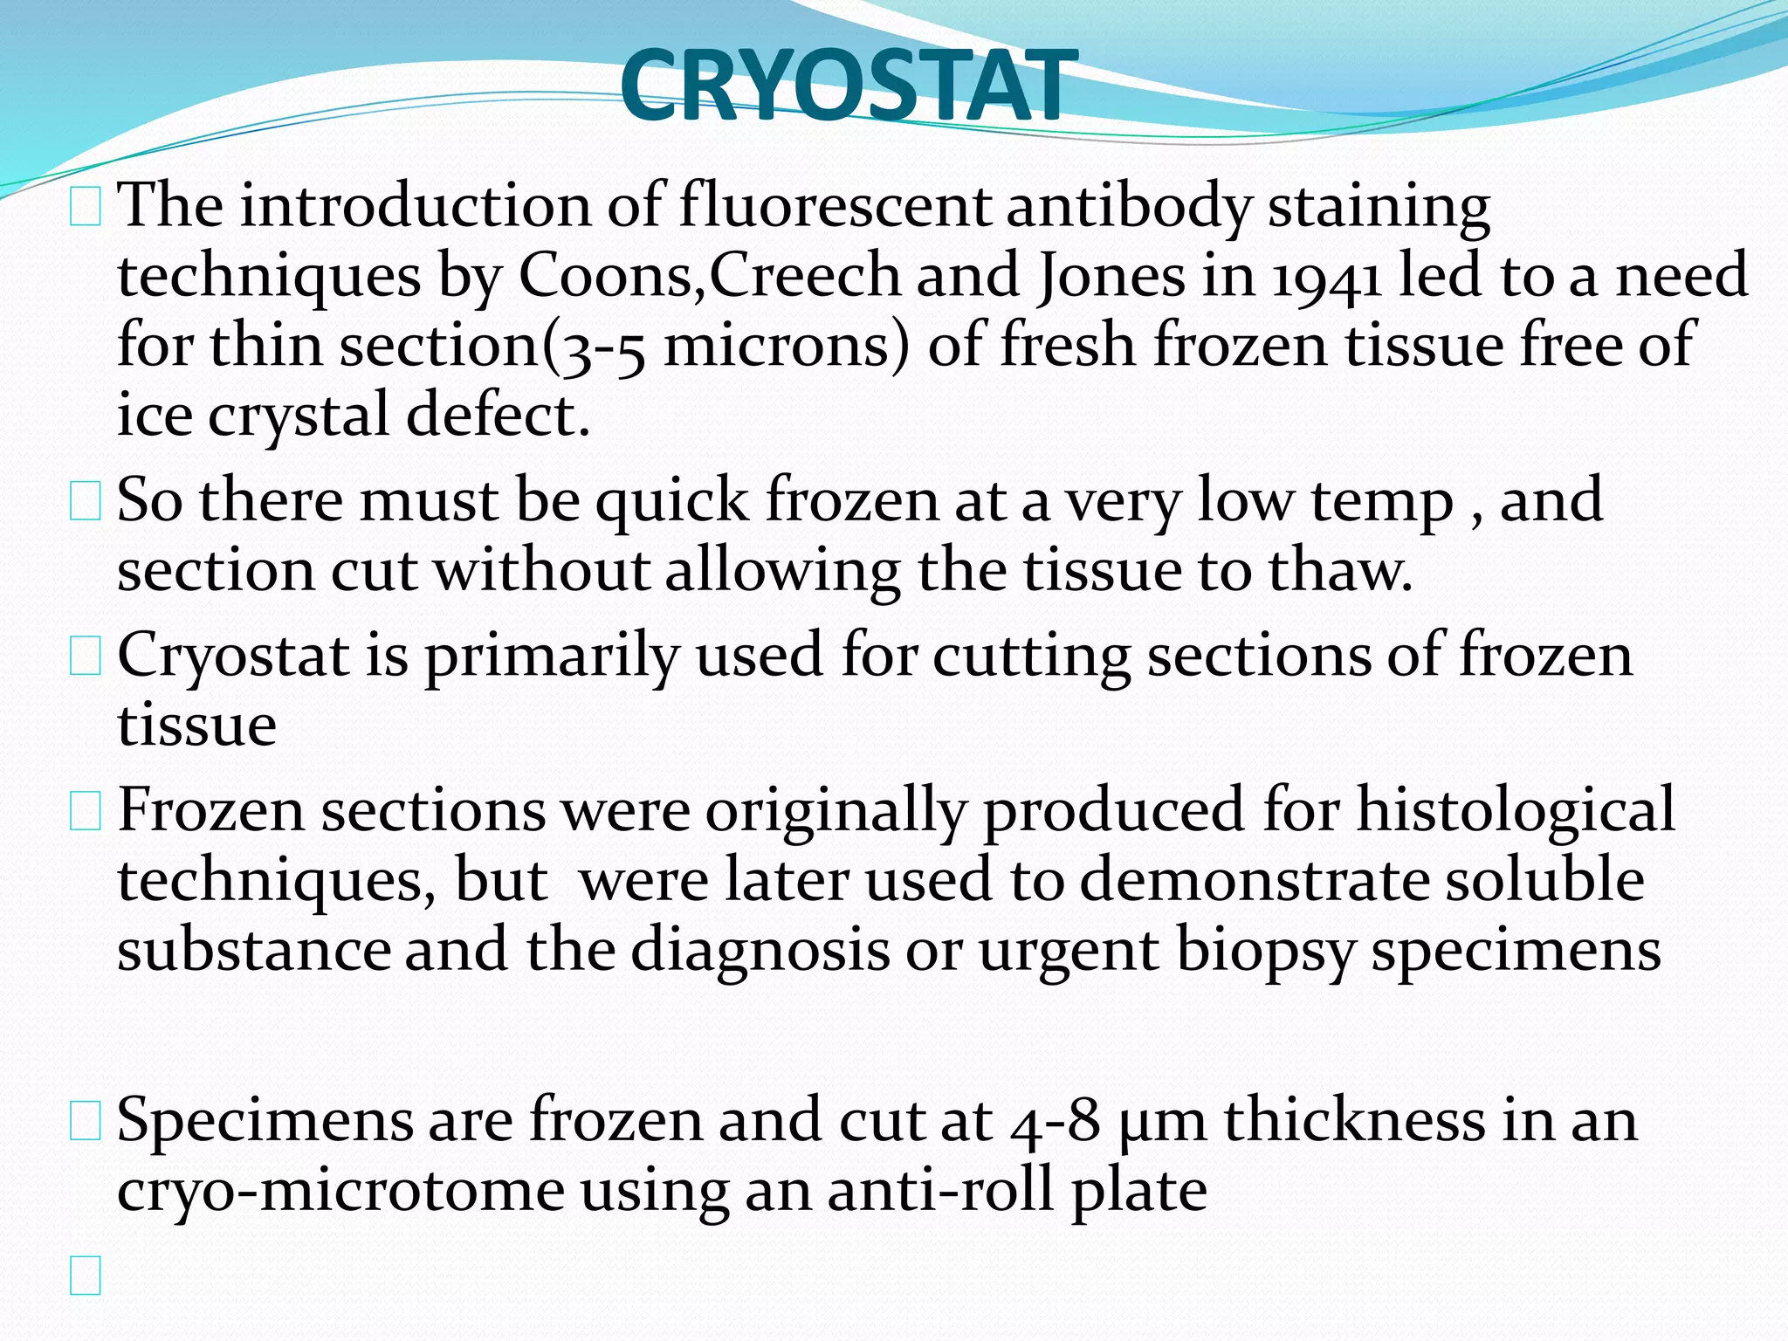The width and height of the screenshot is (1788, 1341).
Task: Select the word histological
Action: [1515, 810]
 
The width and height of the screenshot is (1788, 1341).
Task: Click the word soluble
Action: [1544, 880]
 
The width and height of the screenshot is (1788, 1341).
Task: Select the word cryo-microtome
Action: [340, 1191]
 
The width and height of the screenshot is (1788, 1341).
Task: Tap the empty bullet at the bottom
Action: [85, 1275]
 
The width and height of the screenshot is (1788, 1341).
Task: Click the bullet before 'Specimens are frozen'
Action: [85, 1121]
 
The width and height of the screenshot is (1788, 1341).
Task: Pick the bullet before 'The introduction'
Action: [85, 208]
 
